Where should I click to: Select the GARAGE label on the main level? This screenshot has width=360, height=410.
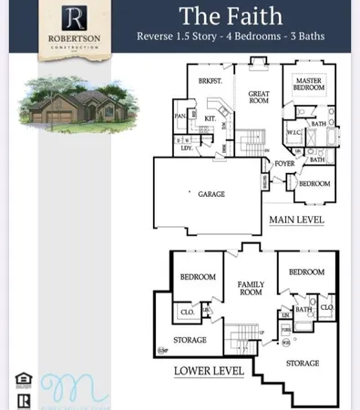(x=211, y=194)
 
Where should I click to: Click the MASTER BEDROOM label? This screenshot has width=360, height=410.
(x=309, y=85)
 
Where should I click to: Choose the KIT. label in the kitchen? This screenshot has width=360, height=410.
(x=210, y=119)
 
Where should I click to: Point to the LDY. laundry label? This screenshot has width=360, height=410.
(x=186, y=148)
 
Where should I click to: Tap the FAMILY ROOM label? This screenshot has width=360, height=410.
(x=251, y=290)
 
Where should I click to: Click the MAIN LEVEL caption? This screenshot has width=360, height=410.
(x=296, y=220)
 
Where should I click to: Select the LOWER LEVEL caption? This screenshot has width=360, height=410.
(x=209, y=371)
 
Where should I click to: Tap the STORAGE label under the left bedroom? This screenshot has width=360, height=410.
(x=190, y=340)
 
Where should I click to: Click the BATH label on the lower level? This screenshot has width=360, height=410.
(x=303, y=309)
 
